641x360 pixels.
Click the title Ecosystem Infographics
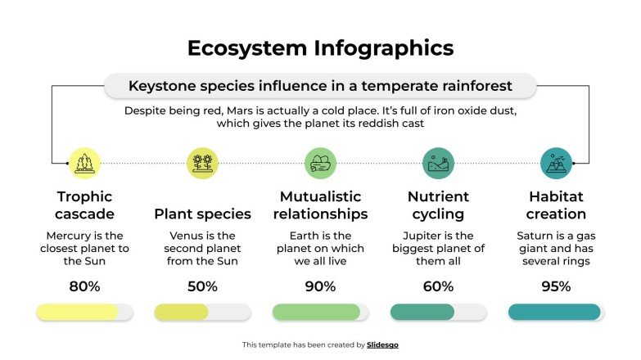tap(320, 47)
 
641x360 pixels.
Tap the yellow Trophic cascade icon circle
tap(84, 163)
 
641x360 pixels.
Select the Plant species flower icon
tap(202, 163)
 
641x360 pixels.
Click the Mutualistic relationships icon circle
tap(320, 163)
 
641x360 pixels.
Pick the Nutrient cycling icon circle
tap(438, 163)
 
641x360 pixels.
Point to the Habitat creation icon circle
tap(556, 163)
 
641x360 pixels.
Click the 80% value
tap(84, 286)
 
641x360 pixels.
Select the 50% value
tap(202, 286)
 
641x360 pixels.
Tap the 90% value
tap(320, 286)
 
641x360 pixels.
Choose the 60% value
tap(438, 286)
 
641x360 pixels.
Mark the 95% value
tap(556, 286)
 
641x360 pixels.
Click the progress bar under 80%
tap(84, 312)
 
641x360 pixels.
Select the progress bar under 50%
tap(202, 312)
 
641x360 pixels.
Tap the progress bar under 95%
tap(556, 312)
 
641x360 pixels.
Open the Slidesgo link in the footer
tap(383, 345)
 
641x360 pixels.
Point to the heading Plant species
tap(202, 214)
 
